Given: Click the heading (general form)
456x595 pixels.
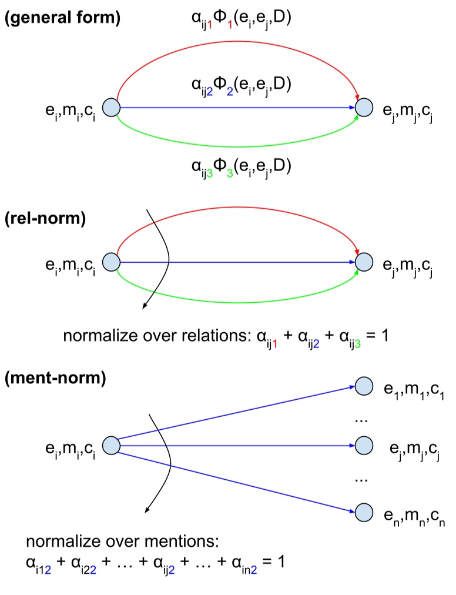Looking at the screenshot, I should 63,18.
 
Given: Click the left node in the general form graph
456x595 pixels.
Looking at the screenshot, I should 111,108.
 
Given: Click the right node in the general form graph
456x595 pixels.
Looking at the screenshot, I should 364,108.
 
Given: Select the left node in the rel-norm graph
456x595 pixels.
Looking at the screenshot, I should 111,262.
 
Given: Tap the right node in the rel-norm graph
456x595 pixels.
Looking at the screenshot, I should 364,262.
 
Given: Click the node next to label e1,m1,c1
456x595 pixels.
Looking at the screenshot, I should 364,386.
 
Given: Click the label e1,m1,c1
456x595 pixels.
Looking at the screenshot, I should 414,390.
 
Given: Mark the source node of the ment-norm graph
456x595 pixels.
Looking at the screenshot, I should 111,446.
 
